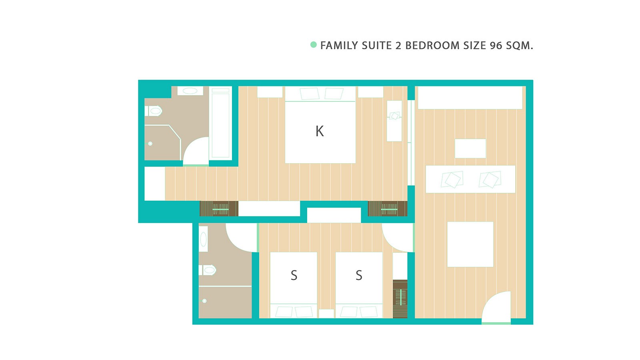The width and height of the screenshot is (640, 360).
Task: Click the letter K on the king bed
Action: pyautogui.click(x=320, y=132)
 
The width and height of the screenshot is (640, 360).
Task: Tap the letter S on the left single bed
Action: pyautogui.click(x=294, y=276)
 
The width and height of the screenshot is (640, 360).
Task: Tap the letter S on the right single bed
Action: pyautogui.click(x=359, y=276)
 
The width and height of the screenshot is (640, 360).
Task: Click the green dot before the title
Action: pyautogui.click(x=314, y=44)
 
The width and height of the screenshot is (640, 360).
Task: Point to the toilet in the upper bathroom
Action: pyautogui.click(x=154, y=111)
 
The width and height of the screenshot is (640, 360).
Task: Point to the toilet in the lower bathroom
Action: pyautogui.click(x=208, y=270)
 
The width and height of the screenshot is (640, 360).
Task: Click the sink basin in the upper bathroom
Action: pyautogui.click(x=190, y=91)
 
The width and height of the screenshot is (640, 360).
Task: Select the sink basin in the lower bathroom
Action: pyautogui.click(x=204, y=240)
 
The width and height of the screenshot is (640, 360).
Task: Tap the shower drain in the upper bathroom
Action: pyautogui.click(x=150, y=144)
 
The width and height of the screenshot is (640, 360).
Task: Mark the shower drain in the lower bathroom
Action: pyautogui.click(x=204, y=301)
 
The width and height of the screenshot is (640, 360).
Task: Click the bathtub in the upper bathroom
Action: pyautogui.click(x=220, y=123)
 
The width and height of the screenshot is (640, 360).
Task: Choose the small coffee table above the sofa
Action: pyautogui.click(x=470, y=148)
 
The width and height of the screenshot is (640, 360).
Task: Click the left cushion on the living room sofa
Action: pyautogui.click(x=452, y=180)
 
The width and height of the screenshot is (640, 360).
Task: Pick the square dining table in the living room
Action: pyautogui.click(x=470, y=244)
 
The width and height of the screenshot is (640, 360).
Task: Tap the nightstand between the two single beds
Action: pyautogui.click(x=326, y=314)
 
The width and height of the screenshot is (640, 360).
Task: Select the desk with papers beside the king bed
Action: pyautogui.click(x=394, y=121)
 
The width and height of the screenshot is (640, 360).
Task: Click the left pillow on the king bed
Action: pyautogui.click(x=310, y=94)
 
